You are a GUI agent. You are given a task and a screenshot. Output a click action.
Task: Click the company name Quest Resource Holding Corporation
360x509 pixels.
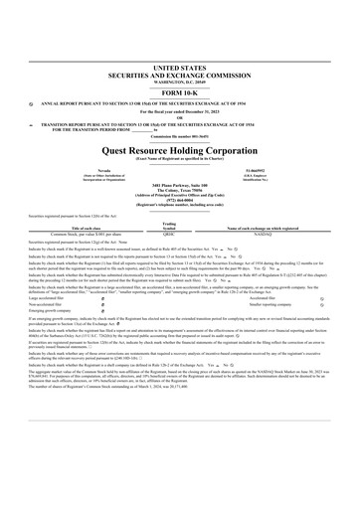click(180, 137)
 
